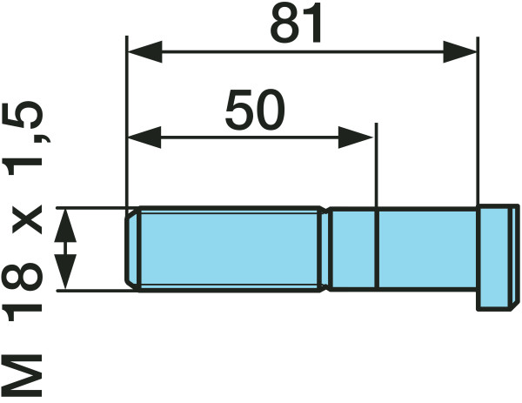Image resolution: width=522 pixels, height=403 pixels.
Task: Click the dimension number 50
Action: (x=255, y=110)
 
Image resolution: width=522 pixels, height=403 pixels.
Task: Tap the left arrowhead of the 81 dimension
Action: (x=145, y=51)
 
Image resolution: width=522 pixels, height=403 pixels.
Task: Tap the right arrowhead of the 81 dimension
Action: (x=460, y=52)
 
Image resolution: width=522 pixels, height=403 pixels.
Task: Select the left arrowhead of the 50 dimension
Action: (x=144, y=138)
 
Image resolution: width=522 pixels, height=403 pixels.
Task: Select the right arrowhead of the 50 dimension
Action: (x=356, y=138)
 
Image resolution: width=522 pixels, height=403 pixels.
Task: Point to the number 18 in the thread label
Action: (x=22, y=292)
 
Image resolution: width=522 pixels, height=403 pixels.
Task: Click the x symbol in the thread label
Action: (x=27, y=220)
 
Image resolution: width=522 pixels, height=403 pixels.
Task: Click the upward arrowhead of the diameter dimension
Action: (x=65, y=225)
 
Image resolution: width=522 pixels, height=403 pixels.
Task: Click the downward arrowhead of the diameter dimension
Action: (x=65, y=272)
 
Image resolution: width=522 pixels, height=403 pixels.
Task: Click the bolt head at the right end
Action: (x=498, y=258)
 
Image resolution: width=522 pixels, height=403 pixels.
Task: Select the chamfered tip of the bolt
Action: (x=133, y=249)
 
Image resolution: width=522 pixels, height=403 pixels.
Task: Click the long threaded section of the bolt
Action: (x=230, y=249)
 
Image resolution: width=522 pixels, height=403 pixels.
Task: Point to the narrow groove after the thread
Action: (x=327, y=249)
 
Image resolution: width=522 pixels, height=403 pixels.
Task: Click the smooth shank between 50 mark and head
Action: (x=427, y=249)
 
